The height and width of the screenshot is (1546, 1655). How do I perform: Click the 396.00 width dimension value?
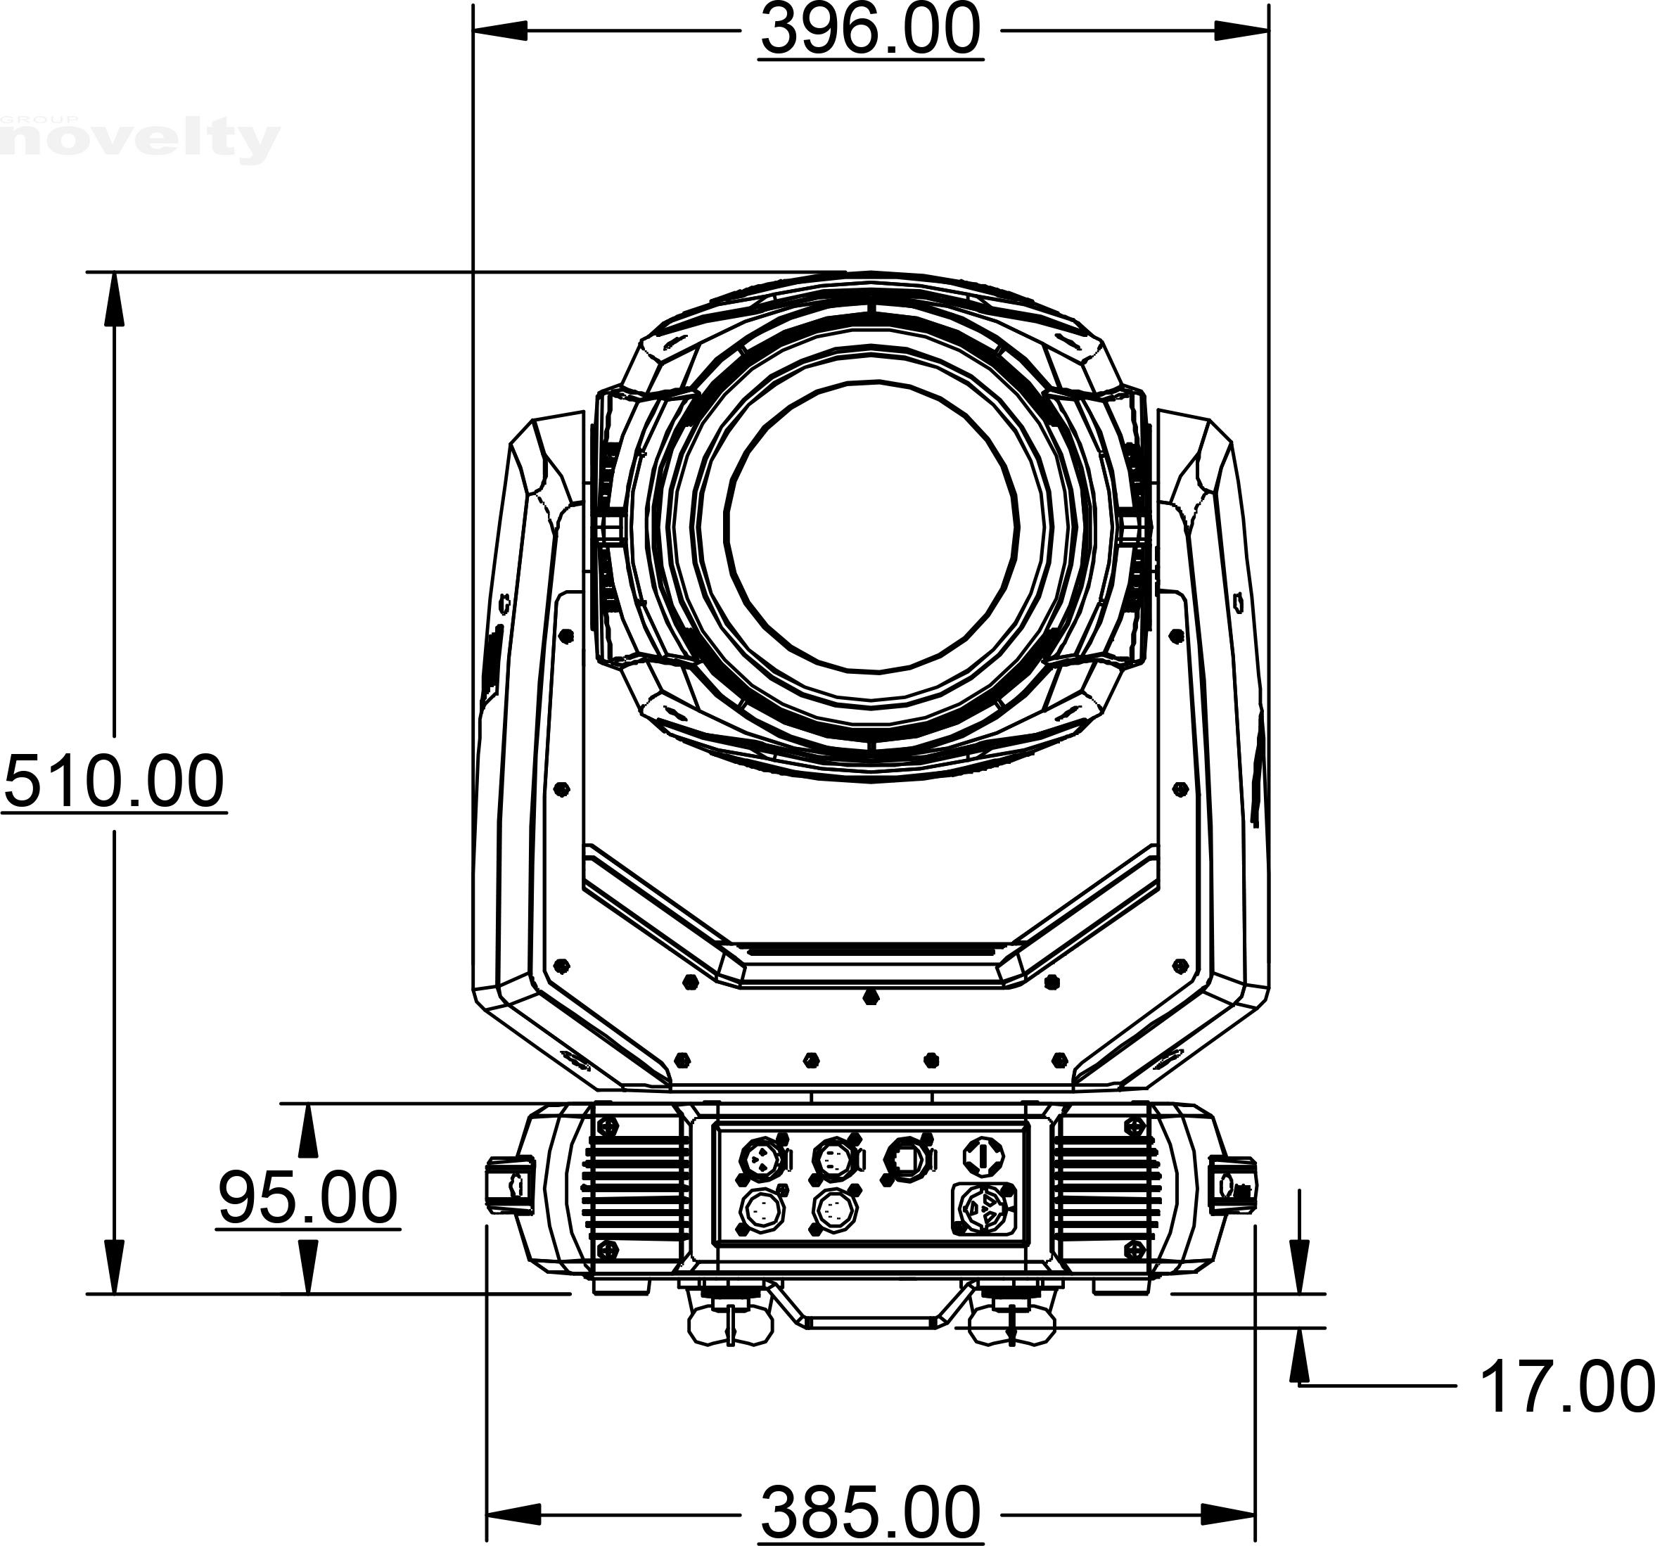click(x=871, y=32)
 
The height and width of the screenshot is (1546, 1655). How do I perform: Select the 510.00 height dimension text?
click(x=114, y=781)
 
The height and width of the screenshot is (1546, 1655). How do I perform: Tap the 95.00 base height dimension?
click(x=308, y=1198)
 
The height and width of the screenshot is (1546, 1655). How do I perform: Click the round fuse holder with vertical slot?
click(x=983, y=1156)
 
